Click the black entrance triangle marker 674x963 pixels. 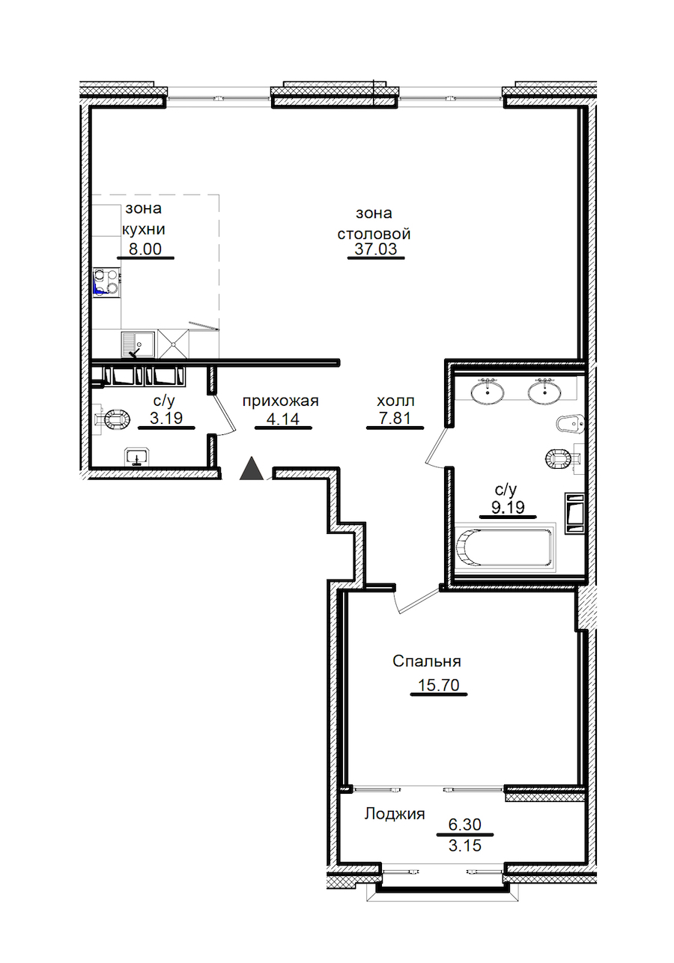point(252,469)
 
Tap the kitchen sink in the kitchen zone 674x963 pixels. point(138,344)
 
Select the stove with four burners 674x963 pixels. point(106,282)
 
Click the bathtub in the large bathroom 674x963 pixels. point(504,547)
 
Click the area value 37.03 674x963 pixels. point(376,249)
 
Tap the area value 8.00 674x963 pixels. point(145,249)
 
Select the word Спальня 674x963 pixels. point(427,660)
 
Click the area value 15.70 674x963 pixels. point(438,684)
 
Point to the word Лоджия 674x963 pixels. point(395,813)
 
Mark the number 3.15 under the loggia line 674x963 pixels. point(464,845)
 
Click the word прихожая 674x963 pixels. point(281,401)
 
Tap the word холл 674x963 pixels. point(395,401)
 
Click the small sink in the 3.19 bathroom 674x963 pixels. point(137,456)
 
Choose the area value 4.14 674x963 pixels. point(283,418)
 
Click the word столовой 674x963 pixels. point(374,234)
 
